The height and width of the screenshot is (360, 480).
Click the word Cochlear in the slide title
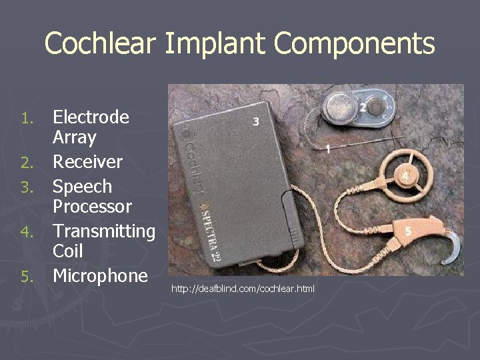coord(100,44)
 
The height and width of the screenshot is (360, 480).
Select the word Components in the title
coord(354,44)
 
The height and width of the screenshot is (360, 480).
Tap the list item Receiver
coord(87,162)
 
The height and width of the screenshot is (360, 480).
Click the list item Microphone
coord(100,275)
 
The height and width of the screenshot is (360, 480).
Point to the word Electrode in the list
coord(91,117)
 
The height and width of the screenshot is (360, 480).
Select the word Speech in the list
coord(82,187)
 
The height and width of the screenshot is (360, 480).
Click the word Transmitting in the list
coord(103,231)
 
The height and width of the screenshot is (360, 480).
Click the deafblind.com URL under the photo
coord(243,289)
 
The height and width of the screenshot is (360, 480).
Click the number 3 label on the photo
coord(257,121)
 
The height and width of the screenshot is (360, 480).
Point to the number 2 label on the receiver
coord(362,107)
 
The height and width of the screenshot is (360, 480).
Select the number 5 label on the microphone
coord(407,230)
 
